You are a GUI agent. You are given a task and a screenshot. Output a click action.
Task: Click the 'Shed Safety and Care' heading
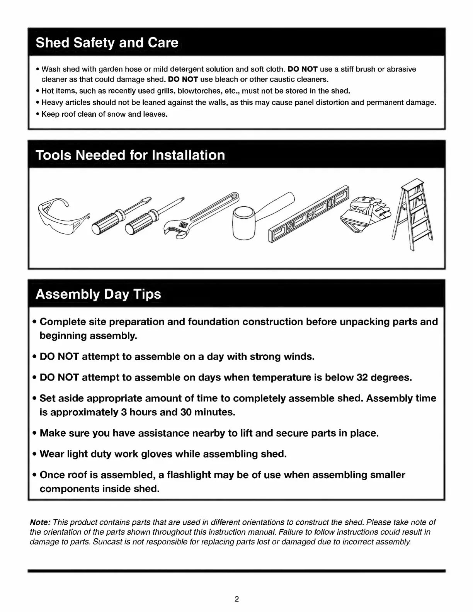pos(107,42)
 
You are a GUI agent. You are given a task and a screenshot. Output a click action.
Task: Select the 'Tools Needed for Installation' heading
pos(130,155)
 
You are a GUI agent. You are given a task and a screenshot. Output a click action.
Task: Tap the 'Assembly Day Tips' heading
pos(98,294)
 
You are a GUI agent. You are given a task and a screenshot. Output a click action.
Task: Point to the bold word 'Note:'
pos(40,522)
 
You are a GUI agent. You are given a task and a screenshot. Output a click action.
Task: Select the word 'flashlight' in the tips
pos(189,475)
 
